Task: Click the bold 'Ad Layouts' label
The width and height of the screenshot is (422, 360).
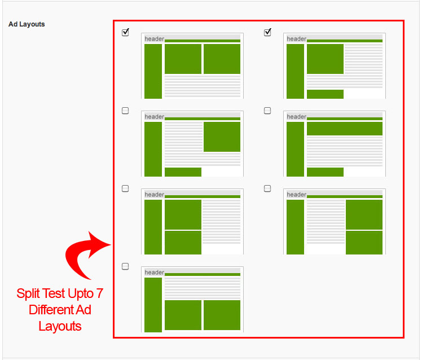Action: click(27, 24)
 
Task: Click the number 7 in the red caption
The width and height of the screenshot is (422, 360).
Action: click(100, 293)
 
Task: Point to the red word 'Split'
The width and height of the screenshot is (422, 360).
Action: click(28, 294)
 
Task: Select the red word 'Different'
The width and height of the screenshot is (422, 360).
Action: click(51, 310)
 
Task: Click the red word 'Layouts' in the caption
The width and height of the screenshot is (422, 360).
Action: click(60, 326)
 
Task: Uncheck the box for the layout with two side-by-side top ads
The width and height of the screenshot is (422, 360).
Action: click(125, 32)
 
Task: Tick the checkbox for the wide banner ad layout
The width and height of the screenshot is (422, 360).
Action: click(267, 111)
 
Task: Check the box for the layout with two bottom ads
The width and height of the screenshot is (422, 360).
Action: click(125, 266)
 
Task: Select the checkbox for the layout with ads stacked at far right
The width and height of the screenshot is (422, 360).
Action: click(267, 188)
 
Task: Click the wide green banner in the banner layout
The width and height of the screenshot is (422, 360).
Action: click(345, 129)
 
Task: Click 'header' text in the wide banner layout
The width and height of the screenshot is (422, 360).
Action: click(296, 117)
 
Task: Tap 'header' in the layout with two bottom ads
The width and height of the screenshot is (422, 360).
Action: click(154, 272)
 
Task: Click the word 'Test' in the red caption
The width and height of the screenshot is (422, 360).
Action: click(54, 293)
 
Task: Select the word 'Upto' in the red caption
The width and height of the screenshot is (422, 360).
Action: click(81, 294)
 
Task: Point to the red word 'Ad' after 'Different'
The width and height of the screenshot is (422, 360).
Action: click(83, 310)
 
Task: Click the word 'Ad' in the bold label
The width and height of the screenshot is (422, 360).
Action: click(13, 24)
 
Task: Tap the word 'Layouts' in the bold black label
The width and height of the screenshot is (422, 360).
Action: click(32, 24)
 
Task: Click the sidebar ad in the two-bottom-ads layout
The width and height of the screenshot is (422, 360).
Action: click(153, 305)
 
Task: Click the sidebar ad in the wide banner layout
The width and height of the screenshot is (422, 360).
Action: click(295, 149)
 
